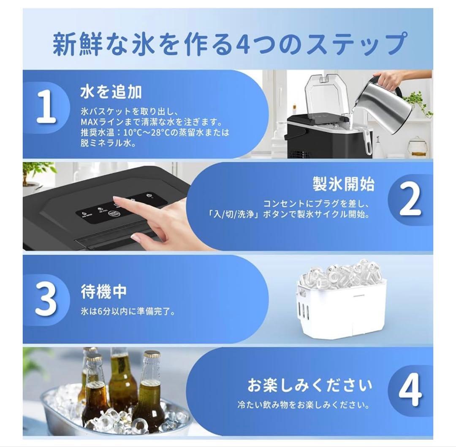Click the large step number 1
tap(46, 107)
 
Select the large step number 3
tap(46, 299)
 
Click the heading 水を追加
tap(111, 92)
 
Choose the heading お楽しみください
tap(310, 385)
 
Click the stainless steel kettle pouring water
tap(382, 106)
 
